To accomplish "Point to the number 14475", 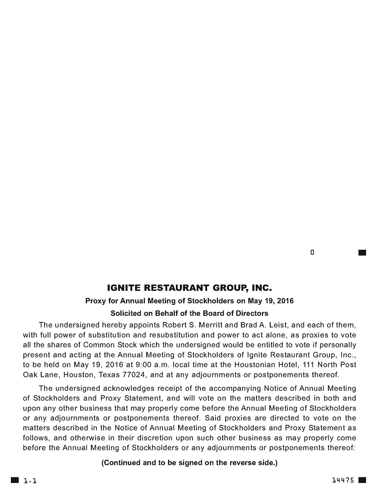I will [343, 480].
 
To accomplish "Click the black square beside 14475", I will [362, 480].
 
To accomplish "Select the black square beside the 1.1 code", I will [15, 480].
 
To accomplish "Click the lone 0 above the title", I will [312, 253].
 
